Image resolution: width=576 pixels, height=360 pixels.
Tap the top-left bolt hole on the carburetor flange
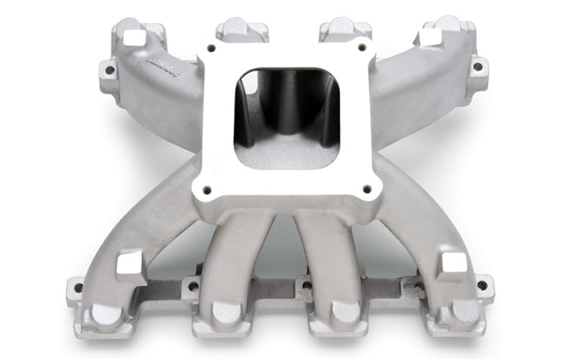(x=212, y=49)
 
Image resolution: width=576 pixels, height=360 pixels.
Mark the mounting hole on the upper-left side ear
(x=109, y=71)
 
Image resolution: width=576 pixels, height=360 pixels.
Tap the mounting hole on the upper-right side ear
(x=477, y=67)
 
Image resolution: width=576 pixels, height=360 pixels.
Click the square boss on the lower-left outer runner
(x=131, y=264)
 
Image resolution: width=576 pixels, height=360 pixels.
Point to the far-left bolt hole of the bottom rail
(x=78, y=288)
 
